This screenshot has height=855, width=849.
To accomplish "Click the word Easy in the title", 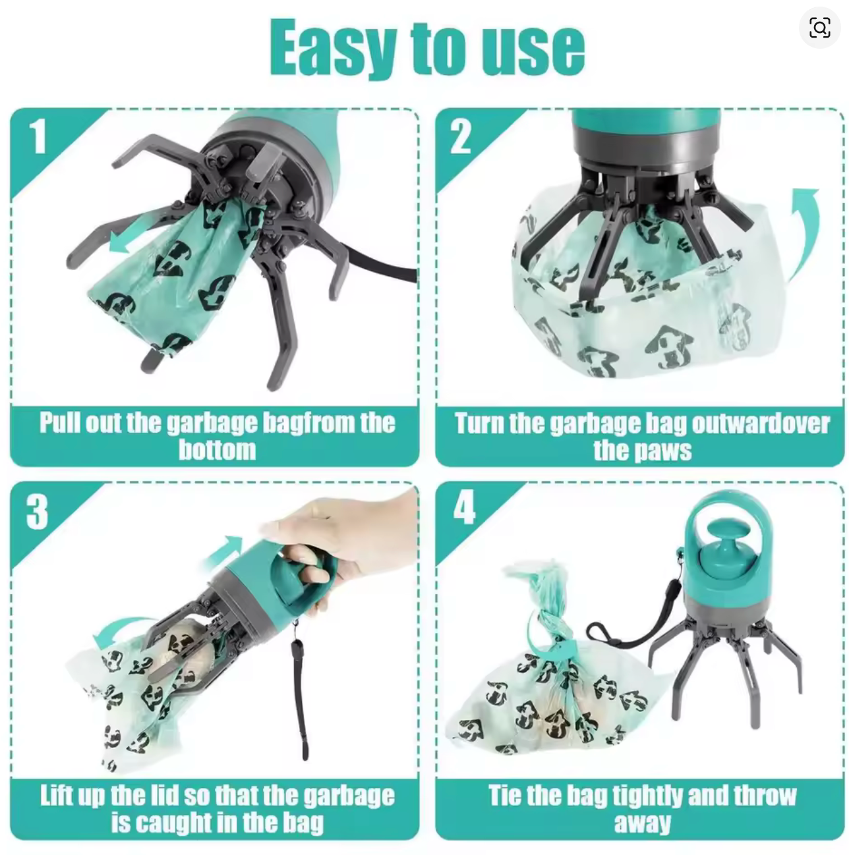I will coord(334,47).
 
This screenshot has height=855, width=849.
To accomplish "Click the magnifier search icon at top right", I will coord(819,28).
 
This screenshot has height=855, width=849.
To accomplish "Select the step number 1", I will coord(38,136).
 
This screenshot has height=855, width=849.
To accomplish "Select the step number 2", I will coord(461,136).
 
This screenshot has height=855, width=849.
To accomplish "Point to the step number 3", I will coord(37,512).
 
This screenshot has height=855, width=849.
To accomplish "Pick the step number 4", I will coord(464,508).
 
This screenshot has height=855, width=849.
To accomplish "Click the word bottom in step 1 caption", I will coord(217,450).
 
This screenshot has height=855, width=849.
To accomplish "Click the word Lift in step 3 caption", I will coord(55,795).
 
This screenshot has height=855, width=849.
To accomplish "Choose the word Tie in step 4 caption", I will coord(505,795).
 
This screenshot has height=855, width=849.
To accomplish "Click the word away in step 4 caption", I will coord(642,823).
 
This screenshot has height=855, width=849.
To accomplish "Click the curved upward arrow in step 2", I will coord(805,224).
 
